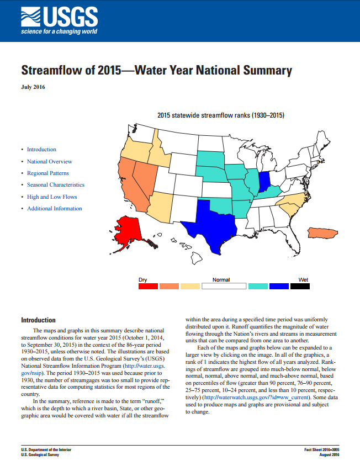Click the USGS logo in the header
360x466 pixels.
click(59, 21)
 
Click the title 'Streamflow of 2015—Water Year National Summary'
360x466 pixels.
click(156, 71)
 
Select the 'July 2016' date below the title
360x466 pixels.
click(33, 87)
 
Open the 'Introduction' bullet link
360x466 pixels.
click(41, 150)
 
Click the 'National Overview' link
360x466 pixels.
click(49, 161)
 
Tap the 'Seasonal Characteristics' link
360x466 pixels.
click(56, 185)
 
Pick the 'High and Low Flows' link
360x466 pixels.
click(52, 197)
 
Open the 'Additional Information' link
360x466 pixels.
click(54, 208)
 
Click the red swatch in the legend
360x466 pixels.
click(147, 286)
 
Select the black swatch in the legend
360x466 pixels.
click(300, 286)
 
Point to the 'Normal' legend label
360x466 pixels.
click(221, 279)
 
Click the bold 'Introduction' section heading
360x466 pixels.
click(38, 320)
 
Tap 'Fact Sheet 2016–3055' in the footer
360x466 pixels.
click(322, 450)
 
